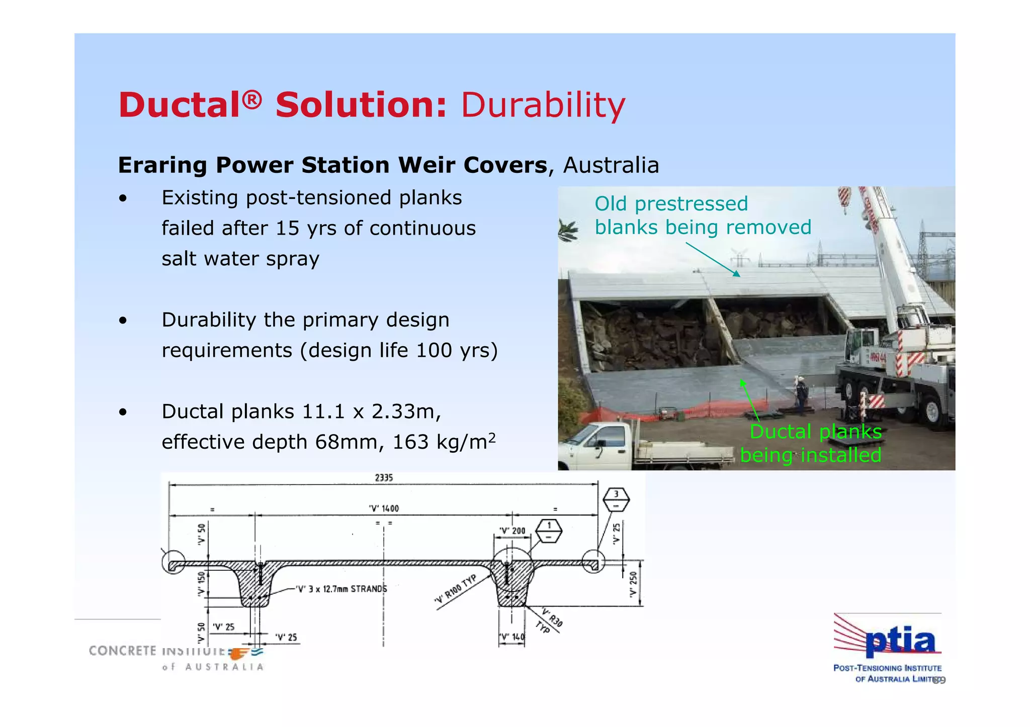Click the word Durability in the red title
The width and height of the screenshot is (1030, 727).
click(543, 105)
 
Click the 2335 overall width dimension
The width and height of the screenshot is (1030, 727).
click(384, 478)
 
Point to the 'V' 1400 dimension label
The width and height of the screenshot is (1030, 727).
click(384, 508)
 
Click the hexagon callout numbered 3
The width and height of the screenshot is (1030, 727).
click(616, 499)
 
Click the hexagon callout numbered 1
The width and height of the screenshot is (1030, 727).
click(549, 531)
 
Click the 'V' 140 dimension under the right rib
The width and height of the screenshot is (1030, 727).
click(511, 637)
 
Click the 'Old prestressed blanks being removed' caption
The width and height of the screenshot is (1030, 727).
click(702, 216)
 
